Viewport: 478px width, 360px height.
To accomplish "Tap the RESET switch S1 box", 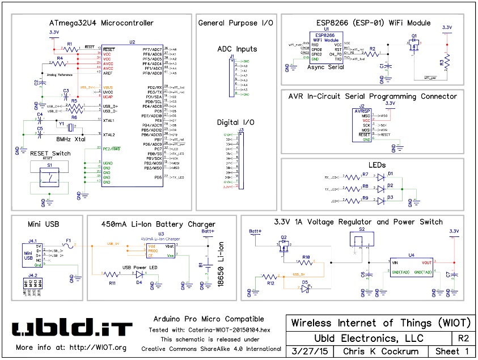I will click(x=49, y=176).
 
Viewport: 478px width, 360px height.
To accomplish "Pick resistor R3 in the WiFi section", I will click(x=447, y=60).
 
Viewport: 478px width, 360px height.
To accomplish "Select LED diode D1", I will click(x=390, y=177).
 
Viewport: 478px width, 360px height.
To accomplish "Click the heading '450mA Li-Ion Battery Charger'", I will click(x=158, y=223).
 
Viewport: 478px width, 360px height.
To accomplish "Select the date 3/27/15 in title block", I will click(x=309, y=351).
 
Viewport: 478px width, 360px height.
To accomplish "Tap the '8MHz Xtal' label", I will click(x=71, y=138).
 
